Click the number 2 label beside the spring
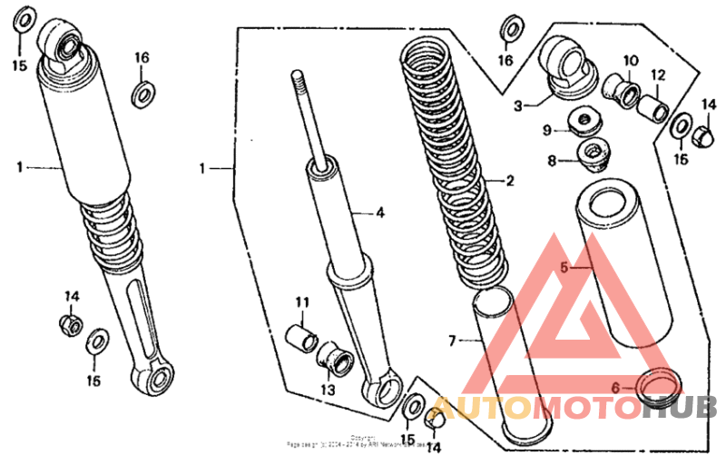tap(510, 181)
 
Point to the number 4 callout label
tap(380, 213)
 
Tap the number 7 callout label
tap(451, 341)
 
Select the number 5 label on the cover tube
tap(564, 268)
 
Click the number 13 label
tap(327, 390)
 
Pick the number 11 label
tap(301, 302)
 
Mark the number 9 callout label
tap(547, 131)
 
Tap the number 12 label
tap(658, 74)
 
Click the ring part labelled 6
tap(657, 385)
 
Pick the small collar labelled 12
tap(653, 107)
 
